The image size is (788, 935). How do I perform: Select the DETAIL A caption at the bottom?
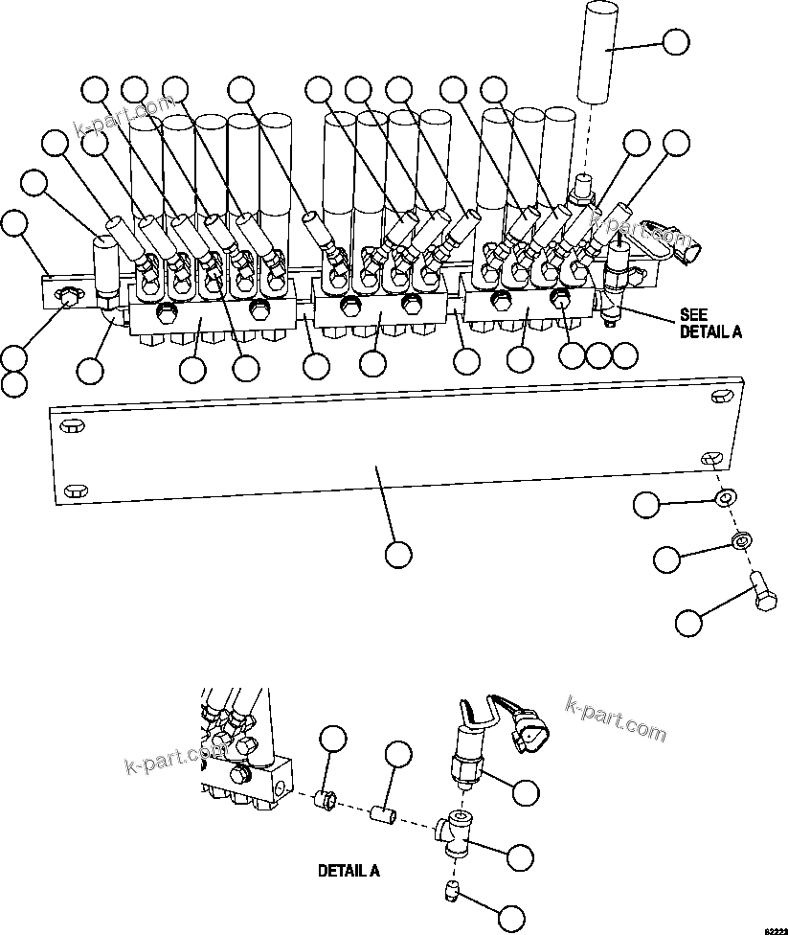tap(349, 872)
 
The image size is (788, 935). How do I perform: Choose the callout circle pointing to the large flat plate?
tap(397, 554)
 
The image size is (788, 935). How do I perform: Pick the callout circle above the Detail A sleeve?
tap(397, 754)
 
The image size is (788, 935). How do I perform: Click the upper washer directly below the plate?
tap(725, 496)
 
